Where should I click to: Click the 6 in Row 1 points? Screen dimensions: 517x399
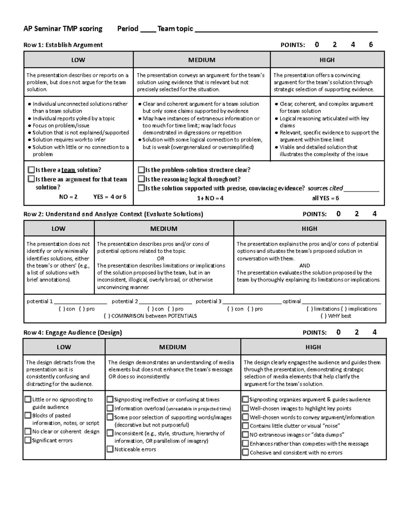pos(371,45)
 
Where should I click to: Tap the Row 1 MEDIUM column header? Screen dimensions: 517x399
pos(201,60)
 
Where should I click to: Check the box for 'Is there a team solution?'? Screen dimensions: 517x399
pos(31,170)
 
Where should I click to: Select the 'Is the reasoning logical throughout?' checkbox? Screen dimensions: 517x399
pos(141,179)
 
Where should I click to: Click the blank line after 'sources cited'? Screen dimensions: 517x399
pos(361,189)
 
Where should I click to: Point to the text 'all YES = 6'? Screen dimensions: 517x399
pos(325,198)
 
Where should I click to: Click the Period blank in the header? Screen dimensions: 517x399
pos(148,29)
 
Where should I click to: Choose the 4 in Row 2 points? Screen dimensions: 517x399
pos(374,214)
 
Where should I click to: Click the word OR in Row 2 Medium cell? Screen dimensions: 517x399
pos(160,258)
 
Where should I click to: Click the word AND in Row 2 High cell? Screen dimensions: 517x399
pos(305,266)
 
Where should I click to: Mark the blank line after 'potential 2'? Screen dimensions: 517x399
pos(165,302)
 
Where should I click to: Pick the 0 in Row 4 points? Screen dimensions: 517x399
pos(338,332)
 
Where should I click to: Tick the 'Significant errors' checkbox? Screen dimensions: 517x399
pos(28,440)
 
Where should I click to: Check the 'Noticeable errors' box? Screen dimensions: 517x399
pos(110,449)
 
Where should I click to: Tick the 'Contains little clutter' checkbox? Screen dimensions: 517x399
pos(245,426)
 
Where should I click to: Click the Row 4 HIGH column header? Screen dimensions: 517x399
pos(313,347)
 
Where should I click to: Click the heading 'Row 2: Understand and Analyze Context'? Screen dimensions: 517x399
pos(113,214)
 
